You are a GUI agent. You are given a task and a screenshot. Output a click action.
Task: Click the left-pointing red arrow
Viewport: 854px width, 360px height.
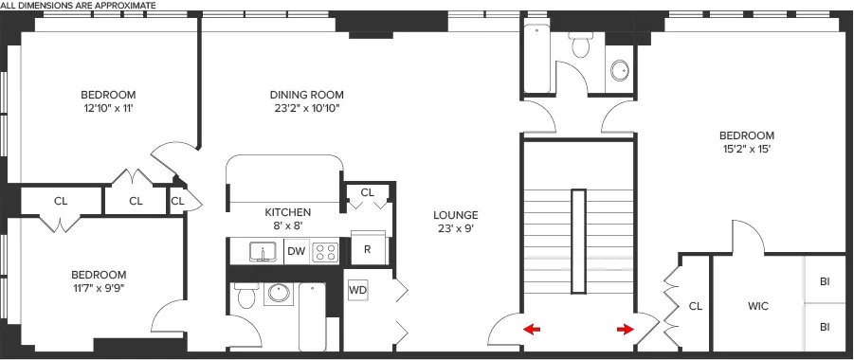coord(533,330)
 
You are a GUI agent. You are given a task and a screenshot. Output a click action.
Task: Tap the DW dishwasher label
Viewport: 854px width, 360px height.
coord(296,251)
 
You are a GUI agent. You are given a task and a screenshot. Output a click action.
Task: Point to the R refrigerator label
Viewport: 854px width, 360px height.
coord(367,250)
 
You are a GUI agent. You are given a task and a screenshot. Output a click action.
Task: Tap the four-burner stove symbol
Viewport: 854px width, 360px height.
coord(326,251)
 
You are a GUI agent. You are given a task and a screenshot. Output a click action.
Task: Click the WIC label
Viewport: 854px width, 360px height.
coord(757,307)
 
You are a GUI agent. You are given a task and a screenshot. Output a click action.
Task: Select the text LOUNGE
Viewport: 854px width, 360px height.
coord(458,215)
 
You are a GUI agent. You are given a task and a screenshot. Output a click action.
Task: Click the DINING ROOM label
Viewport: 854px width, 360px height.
coord(306,95)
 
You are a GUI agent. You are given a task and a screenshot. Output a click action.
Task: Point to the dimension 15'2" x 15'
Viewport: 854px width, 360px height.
coord(747,149)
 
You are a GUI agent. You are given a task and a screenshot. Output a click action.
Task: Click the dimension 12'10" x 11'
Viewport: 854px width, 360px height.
coord(107,108)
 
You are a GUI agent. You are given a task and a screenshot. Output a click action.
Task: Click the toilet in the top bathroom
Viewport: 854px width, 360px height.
coord(580,45)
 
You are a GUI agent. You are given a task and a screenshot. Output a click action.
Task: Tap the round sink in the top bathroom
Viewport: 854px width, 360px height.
coord(620,70)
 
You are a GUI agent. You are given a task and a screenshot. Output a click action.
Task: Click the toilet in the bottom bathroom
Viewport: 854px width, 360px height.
coord(245,297)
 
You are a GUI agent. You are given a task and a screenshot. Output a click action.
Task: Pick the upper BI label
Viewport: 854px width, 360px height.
coord(825,281)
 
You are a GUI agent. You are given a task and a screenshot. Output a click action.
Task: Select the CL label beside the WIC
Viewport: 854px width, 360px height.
coord(695,307)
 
